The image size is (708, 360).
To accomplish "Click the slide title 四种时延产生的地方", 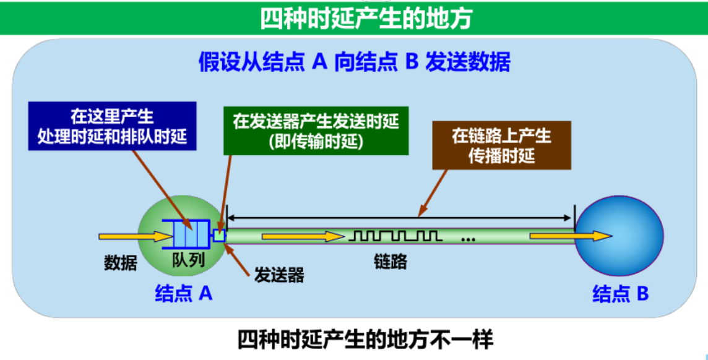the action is coord(366,19).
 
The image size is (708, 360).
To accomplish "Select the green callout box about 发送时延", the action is coord(316,131).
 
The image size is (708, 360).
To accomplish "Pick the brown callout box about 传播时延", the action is coord(501,147).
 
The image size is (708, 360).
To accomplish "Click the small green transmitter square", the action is coord(219,235).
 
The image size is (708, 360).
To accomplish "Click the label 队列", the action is coord(188,260).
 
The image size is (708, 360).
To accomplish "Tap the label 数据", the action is coord(119,263).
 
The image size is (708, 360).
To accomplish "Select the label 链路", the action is coord(390,261).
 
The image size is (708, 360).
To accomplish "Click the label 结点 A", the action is coord(183,294).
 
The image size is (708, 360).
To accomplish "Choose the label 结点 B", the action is coord(620,294).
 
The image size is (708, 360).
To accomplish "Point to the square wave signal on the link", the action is coord(395,236).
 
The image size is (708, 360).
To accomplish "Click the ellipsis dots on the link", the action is coord(468,237).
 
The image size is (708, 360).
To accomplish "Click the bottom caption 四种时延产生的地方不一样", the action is coord(365,340).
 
